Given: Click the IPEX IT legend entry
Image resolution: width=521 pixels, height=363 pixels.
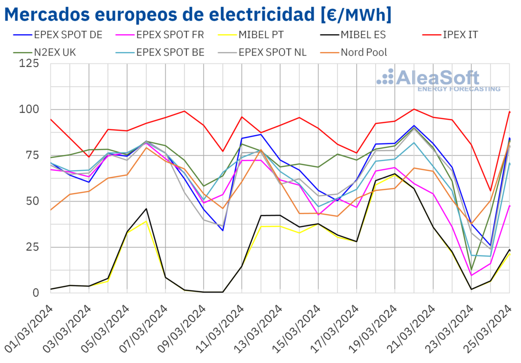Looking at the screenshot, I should coord(458,35).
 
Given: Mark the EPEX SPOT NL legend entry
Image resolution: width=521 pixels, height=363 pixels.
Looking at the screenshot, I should coord(271,52).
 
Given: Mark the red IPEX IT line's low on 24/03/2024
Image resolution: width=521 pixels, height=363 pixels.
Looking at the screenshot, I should coord(491,191).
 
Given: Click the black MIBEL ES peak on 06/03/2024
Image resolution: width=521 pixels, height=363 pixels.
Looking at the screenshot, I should coord(146,209).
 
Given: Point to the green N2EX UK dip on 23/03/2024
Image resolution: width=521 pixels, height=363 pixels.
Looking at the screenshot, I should coord(472,269).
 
